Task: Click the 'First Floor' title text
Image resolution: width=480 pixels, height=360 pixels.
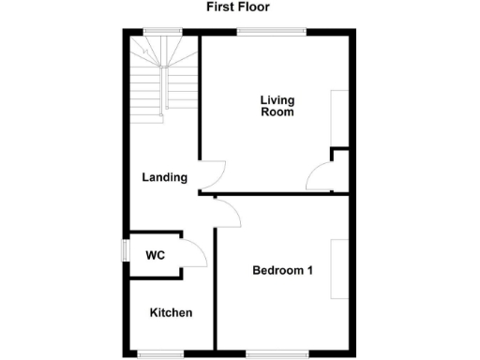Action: (239, 7)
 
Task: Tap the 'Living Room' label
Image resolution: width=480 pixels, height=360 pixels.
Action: (277, 106)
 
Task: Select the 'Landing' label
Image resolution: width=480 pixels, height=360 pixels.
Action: (164, 177)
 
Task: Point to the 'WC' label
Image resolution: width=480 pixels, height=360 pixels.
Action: (155, 254)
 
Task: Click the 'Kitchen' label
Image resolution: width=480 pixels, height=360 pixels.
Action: (172, 312)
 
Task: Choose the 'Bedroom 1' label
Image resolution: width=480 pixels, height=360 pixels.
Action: (282, 271)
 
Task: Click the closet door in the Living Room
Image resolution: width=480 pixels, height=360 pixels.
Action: (321, 177)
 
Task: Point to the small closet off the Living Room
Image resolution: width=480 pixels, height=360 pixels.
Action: (339, 171)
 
